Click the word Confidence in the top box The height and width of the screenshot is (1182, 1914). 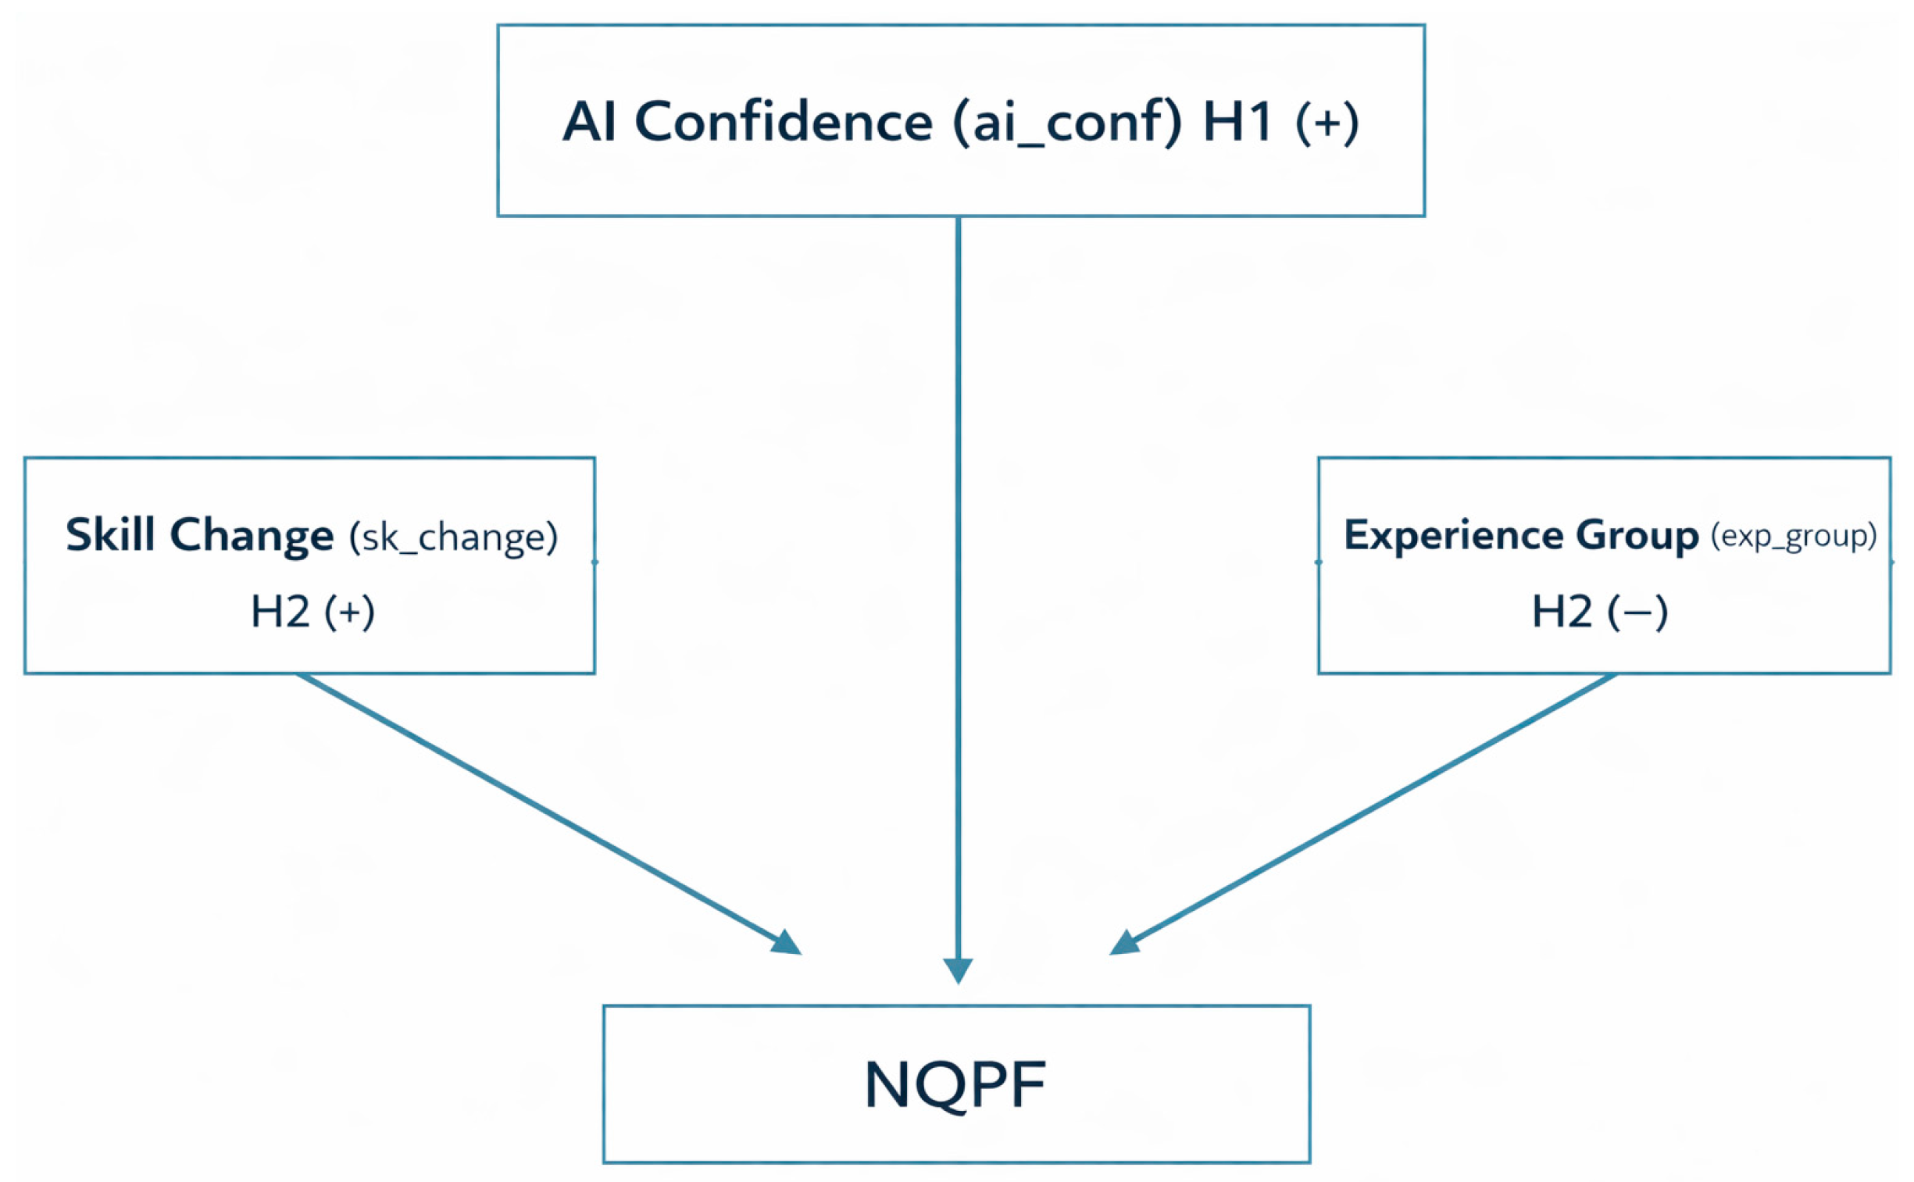click(x=783, y=122)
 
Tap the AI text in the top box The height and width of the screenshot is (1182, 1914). click(x=590, y=122)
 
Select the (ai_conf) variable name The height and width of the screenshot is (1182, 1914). click(x=1066, y=123)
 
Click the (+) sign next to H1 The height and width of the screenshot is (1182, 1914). click(x=1327, y=123)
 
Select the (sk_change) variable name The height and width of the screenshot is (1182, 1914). click(x=453, y=537)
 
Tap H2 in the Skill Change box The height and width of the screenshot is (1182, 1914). click(x=280, y=612)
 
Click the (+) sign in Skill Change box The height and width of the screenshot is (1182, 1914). click(x=349, y=612)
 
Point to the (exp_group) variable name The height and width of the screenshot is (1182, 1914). click(x=1793, y=536)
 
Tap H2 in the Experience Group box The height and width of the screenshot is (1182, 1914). click(x=1561, y=612)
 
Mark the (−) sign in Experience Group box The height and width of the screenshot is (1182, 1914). click(x=1637, y=612)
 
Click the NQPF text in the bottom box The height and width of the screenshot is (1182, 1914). click(x=955, y=1084)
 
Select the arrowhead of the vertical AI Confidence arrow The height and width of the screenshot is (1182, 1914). click(x=958, y=970)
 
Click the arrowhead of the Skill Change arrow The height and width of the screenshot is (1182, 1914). click(x=787, y=943)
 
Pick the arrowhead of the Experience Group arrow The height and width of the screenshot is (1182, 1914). click(x=1126, y=943)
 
